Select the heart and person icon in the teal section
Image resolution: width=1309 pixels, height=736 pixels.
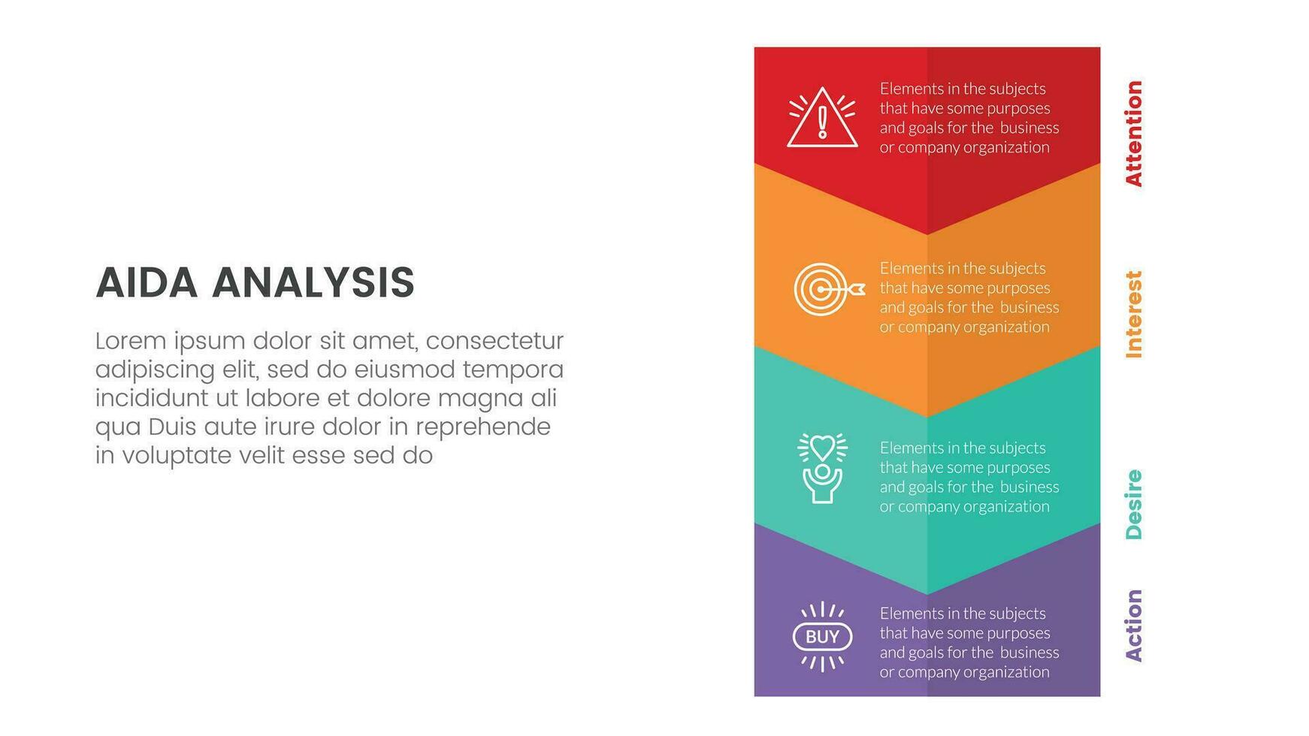click(823, 468)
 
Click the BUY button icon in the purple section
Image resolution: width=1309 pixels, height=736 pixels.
click(823, 637)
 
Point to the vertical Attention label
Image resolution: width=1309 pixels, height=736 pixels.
click(1133, 133)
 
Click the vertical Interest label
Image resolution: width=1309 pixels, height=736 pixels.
click(1133, 314)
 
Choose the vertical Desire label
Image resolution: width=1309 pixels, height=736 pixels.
click(1133, 504)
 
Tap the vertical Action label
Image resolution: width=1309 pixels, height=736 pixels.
click(1133, 625)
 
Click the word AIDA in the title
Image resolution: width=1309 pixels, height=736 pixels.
click(147, 283)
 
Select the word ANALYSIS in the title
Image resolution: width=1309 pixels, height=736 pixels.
click(313, 283)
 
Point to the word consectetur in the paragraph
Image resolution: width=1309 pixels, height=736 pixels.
click(494, 342)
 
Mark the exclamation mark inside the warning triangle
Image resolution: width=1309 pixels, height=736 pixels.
click(823, 122)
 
